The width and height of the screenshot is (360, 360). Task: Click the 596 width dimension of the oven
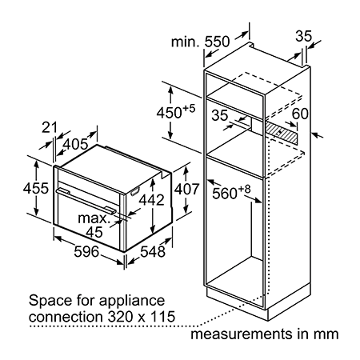point(86,252)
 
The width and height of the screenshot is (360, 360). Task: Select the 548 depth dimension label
point(153,252)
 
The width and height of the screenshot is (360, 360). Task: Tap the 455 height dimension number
point(36,188)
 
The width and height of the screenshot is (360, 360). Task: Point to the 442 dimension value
point(152,200)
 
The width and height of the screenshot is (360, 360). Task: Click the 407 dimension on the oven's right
point(186,189)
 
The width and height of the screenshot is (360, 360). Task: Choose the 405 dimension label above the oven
point(75,144)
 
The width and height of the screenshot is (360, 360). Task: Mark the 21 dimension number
point(50,127)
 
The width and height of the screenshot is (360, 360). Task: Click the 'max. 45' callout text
point(94,226)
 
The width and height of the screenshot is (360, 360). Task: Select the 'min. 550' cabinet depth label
point(200,42)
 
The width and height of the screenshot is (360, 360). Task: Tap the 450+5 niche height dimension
point(176,112)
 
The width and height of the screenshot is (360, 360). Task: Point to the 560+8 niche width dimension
point(231,192)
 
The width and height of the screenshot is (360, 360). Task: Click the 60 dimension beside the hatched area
point(300,114)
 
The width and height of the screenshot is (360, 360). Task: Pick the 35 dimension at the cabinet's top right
point(303,36)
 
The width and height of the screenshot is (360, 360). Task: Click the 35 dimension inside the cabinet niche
point(220,115)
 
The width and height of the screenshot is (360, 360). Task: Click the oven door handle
point(86,199)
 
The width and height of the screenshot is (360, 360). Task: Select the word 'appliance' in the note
point(132,302)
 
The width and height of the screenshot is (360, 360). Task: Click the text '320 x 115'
point(142,317)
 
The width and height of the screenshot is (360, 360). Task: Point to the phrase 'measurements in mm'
point(265,334)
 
